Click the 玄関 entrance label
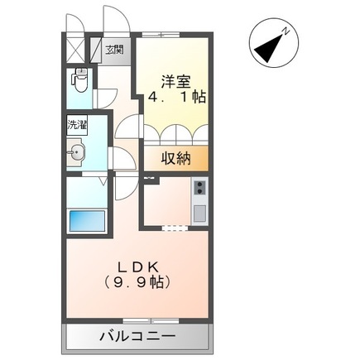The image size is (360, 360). point(115,50)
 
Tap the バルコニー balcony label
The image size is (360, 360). point(137,336)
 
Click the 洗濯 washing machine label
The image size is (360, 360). point(77,127)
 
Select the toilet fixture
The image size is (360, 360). point(79,83)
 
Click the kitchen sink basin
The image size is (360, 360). point(199,212)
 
